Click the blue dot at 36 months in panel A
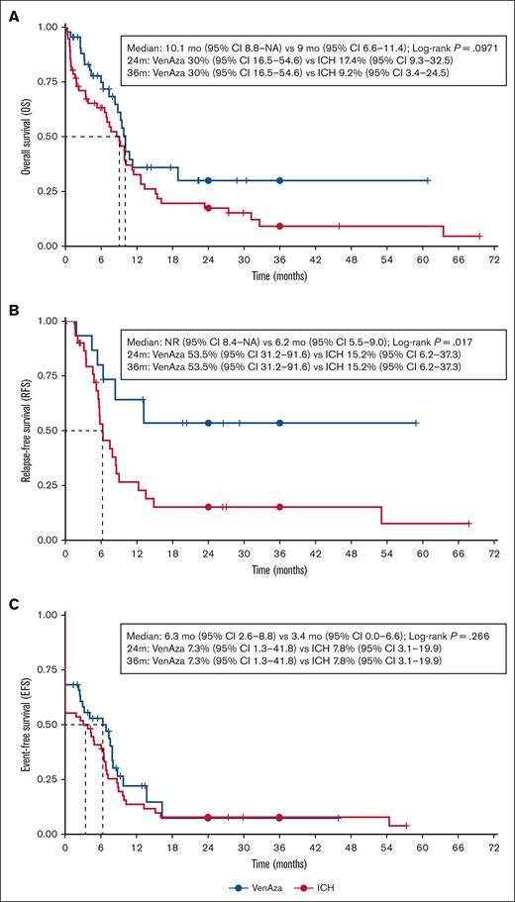279,180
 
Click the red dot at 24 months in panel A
208,208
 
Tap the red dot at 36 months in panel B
279,506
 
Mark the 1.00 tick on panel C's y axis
45,616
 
